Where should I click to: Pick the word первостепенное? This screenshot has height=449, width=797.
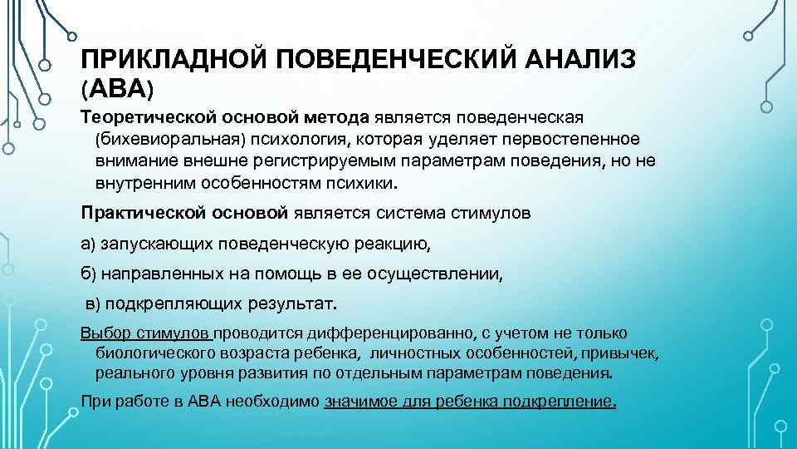(570, 136)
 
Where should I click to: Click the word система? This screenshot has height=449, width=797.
(413, 213)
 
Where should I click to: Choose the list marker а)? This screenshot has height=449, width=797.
(88, 243)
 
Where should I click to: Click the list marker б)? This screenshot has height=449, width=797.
(88, 273)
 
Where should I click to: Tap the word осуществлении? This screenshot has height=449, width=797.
(435, 273)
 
